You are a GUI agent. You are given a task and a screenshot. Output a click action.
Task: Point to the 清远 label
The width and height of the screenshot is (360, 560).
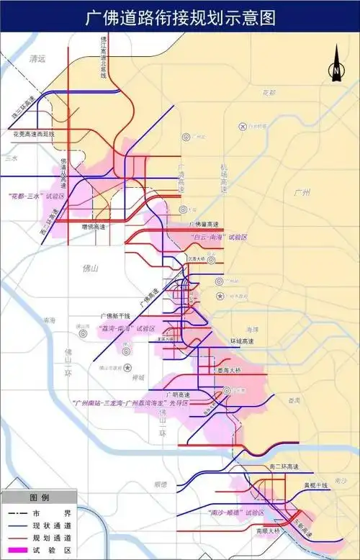(33, 60)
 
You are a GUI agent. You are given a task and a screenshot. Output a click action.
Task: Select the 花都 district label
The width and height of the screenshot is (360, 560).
(269, 93)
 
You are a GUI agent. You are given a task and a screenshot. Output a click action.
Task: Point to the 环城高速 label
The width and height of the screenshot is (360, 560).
(244, 340)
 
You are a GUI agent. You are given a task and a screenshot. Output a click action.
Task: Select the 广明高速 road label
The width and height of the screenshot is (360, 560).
(176, 394)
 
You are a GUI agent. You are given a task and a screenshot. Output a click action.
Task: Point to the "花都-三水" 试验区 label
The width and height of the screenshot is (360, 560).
(35, 196)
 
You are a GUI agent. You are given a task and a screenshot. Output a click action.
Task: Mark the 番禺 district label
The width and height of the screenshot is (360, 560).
(293, 399)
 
